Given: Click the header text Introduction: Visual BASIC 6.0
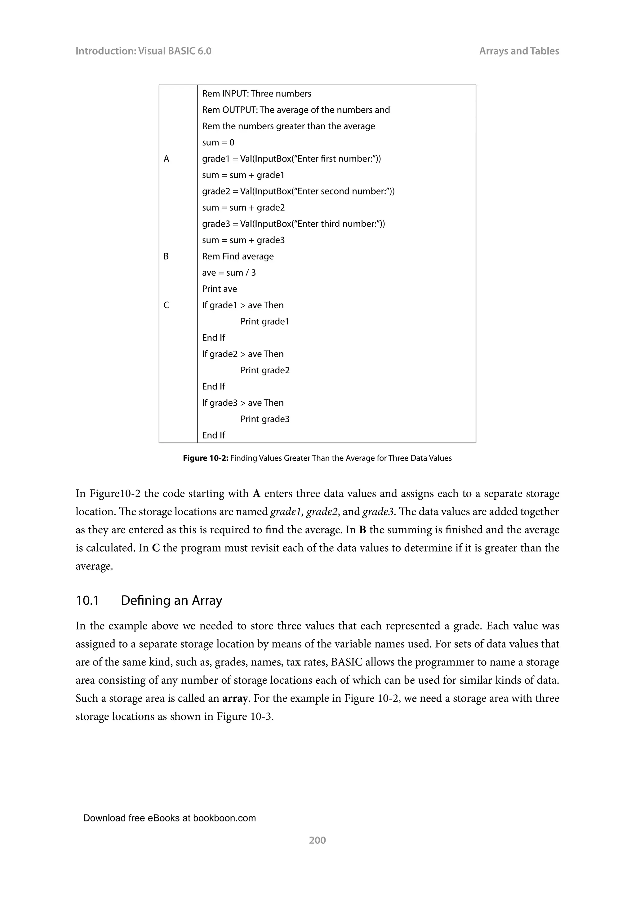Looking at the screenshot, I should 143,51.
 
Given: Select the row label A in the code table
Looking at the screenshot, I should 166,159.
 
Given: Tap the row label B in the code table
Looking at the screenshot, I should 166,256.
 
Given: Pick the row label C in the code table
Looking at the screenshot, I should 166,305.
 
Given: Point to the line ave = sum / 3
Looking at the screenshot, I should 229,273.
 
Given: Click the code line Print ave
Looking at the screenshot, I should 219,289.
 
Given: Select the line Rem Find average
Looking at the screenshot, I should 238,256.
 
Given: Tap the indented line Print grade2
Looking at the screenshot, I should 265,370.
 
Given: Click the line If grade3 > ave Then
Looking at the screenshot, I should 243,403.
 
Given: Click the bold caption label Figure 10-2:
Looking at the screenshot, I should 206,458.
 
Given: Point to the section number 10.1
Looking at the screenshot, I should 87,600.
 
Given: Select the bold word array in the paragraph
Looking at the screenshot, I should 235,699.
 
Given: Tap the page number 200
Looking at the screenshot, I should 317,840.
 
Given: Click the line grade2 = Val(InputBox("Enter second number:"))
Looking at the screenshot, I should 298,192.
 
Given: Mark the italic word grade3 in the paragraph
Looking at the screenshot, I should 378,512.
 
